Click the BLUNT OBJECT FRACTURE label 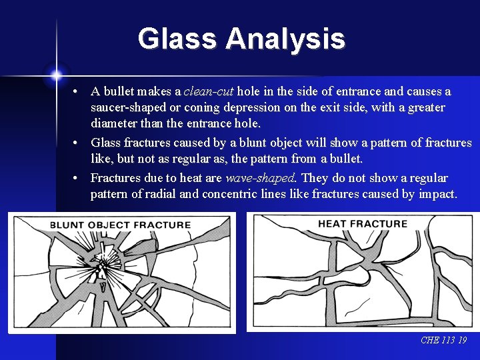click(120, 225)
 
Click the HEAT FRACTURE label click(362, 223)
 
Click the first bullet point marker click(77, 91)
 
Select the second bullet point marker click(77, 143)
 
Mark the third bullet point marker click(77, 179)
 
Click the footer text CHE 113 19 click(443, 341)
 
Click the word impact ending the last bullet click(437, 195)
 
